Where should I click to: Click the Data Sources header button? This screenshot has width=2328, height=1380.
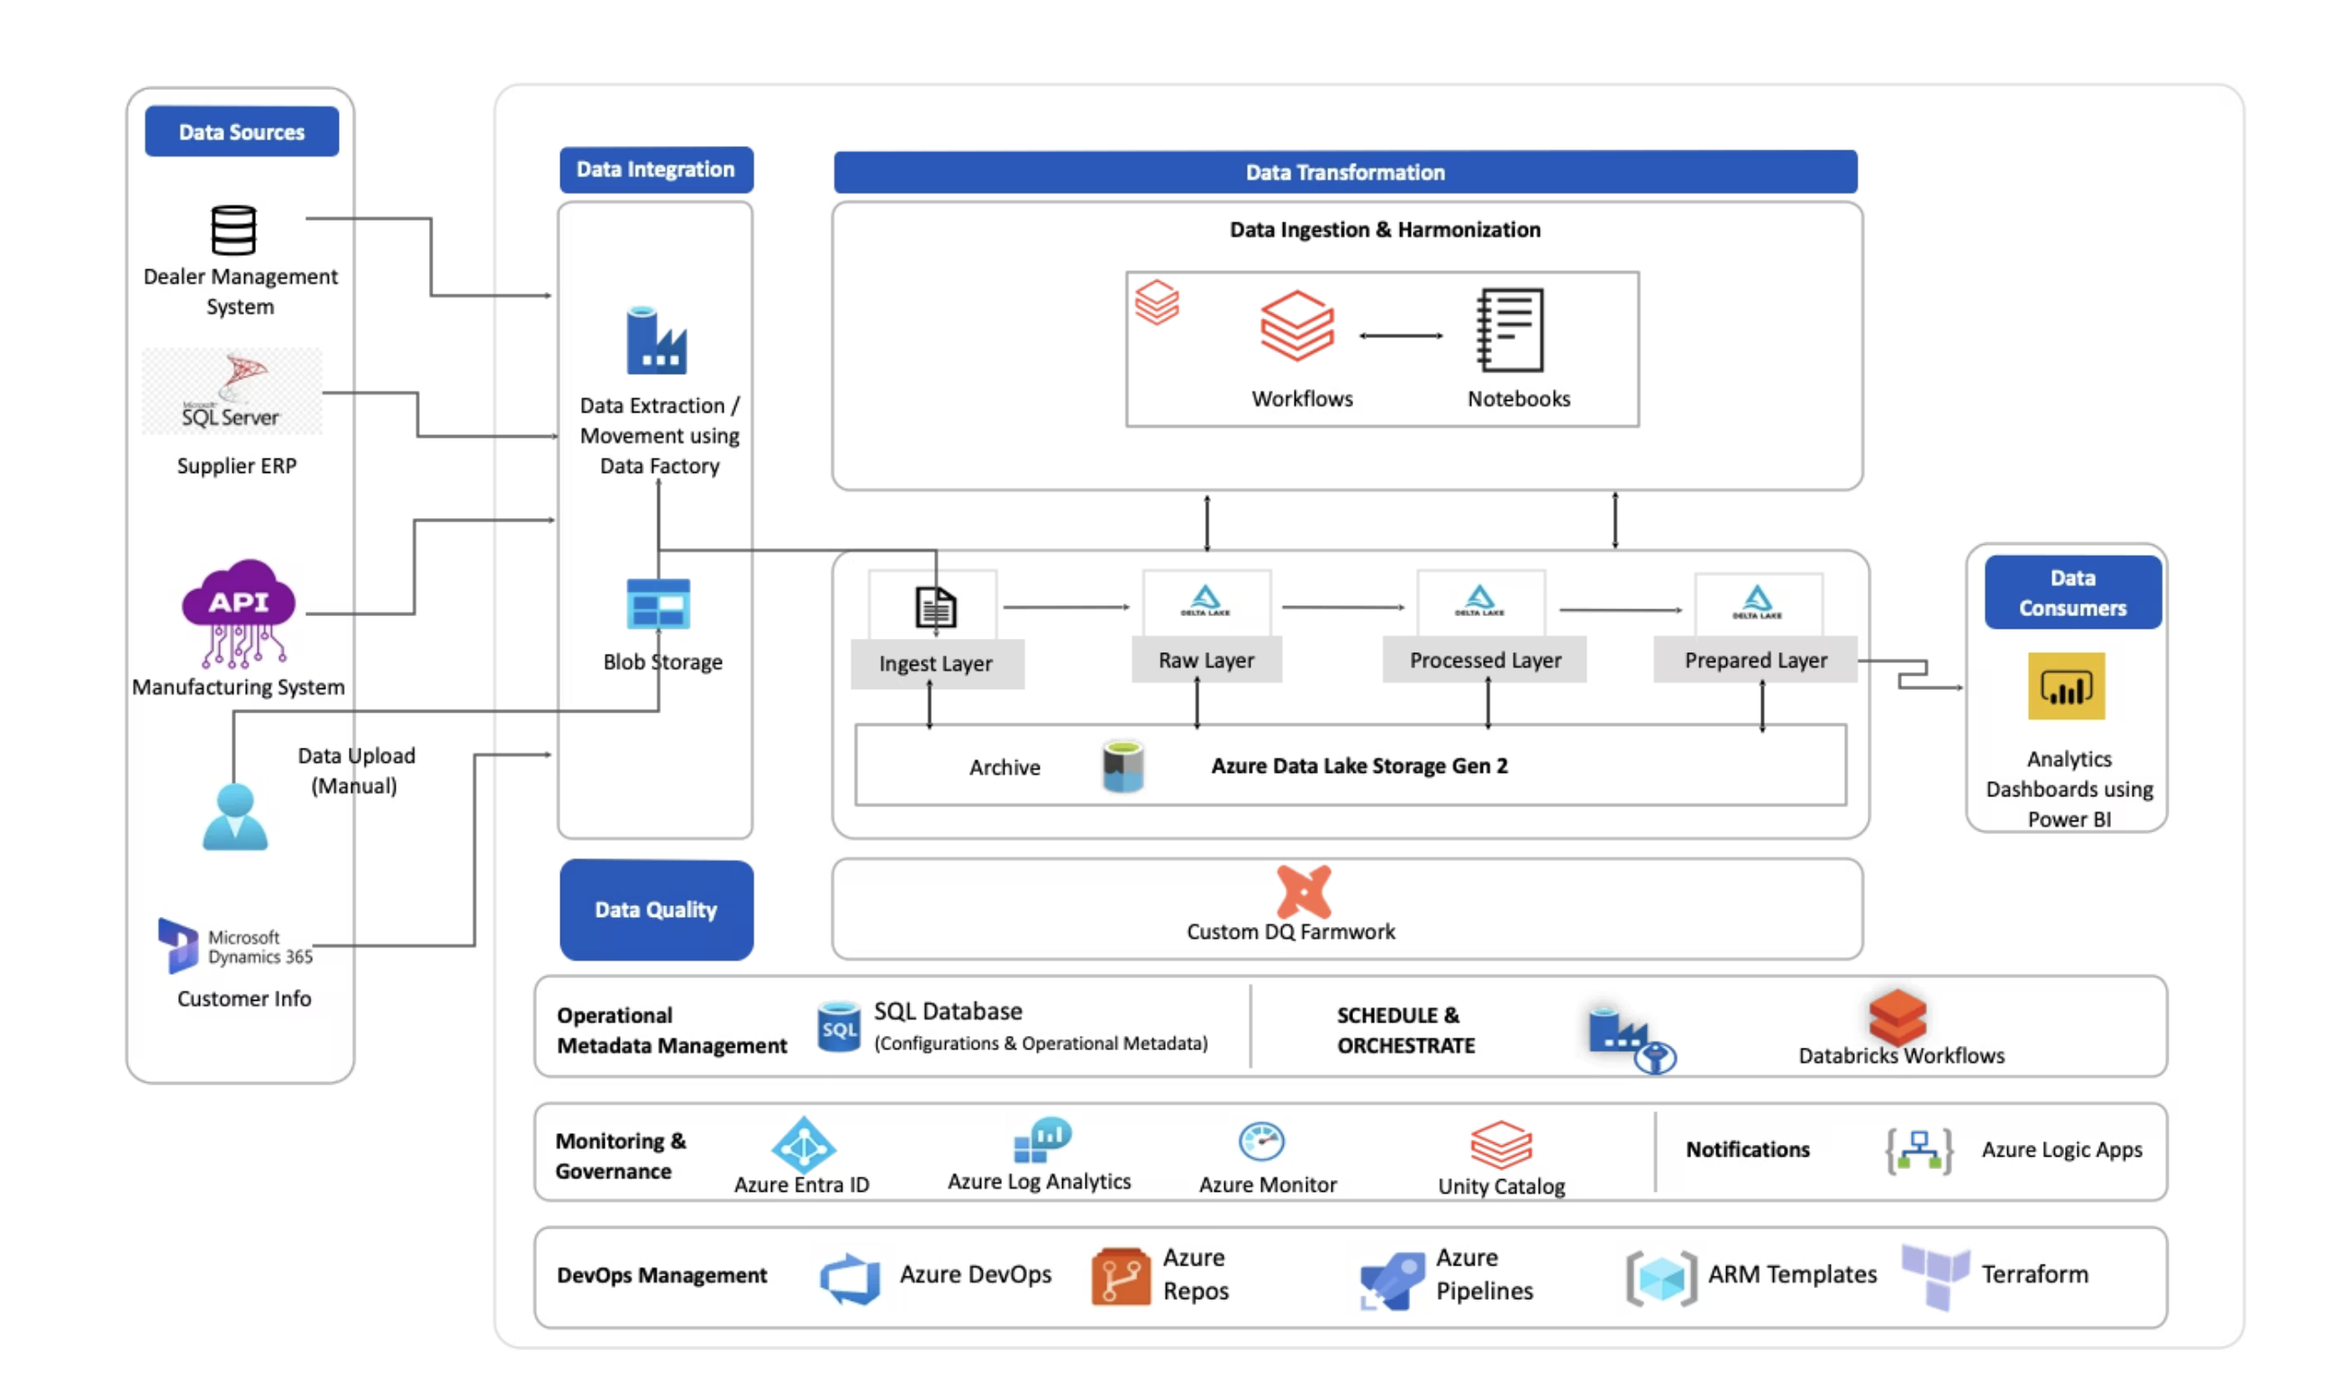coord(241,132)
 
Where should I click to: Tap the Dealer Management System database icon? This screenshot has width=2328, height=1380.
coord(232,230)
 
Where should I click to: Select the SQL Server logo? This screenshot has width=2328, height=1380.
coord(232,392)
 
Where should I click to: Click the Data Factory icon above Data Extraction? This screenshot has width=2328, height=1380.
coord(656,340)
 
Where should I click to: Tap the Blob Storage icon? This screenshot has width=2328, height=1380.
coord(658,604)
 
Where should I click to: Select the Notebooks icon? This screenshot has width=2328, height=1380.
coord(1511,330)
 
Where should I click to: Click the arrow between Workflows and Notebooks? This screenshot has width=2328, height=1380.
coord(1401,336)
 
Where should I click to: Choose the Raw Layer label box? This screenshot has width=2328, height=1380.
coord(1206,660)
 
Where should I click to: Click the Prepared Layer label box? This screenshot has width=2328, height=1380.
coord(1755,660)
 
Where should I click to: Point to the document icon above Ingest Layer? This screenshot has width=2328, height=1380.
coord(935,608)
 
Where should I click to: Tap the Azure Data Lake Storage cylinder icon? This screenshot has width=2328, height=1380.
coord(1123,767)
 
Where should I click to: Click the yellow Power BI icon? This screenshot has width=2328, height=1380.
coord(2066,687)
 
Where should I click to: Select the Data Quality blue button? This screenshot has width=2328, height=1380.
coord(656,910)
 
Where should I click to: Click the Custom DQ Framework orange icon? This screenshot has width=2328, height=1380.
coord(1303,891)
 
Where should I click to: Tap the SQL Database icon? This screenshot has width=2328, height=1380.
coord(838,1027)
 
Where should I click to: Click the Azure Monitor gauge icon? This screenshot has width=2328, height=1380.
coord(1261,1141)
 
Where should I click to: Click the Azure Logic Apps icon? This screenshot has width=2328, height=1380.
coord(1918,1151)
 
